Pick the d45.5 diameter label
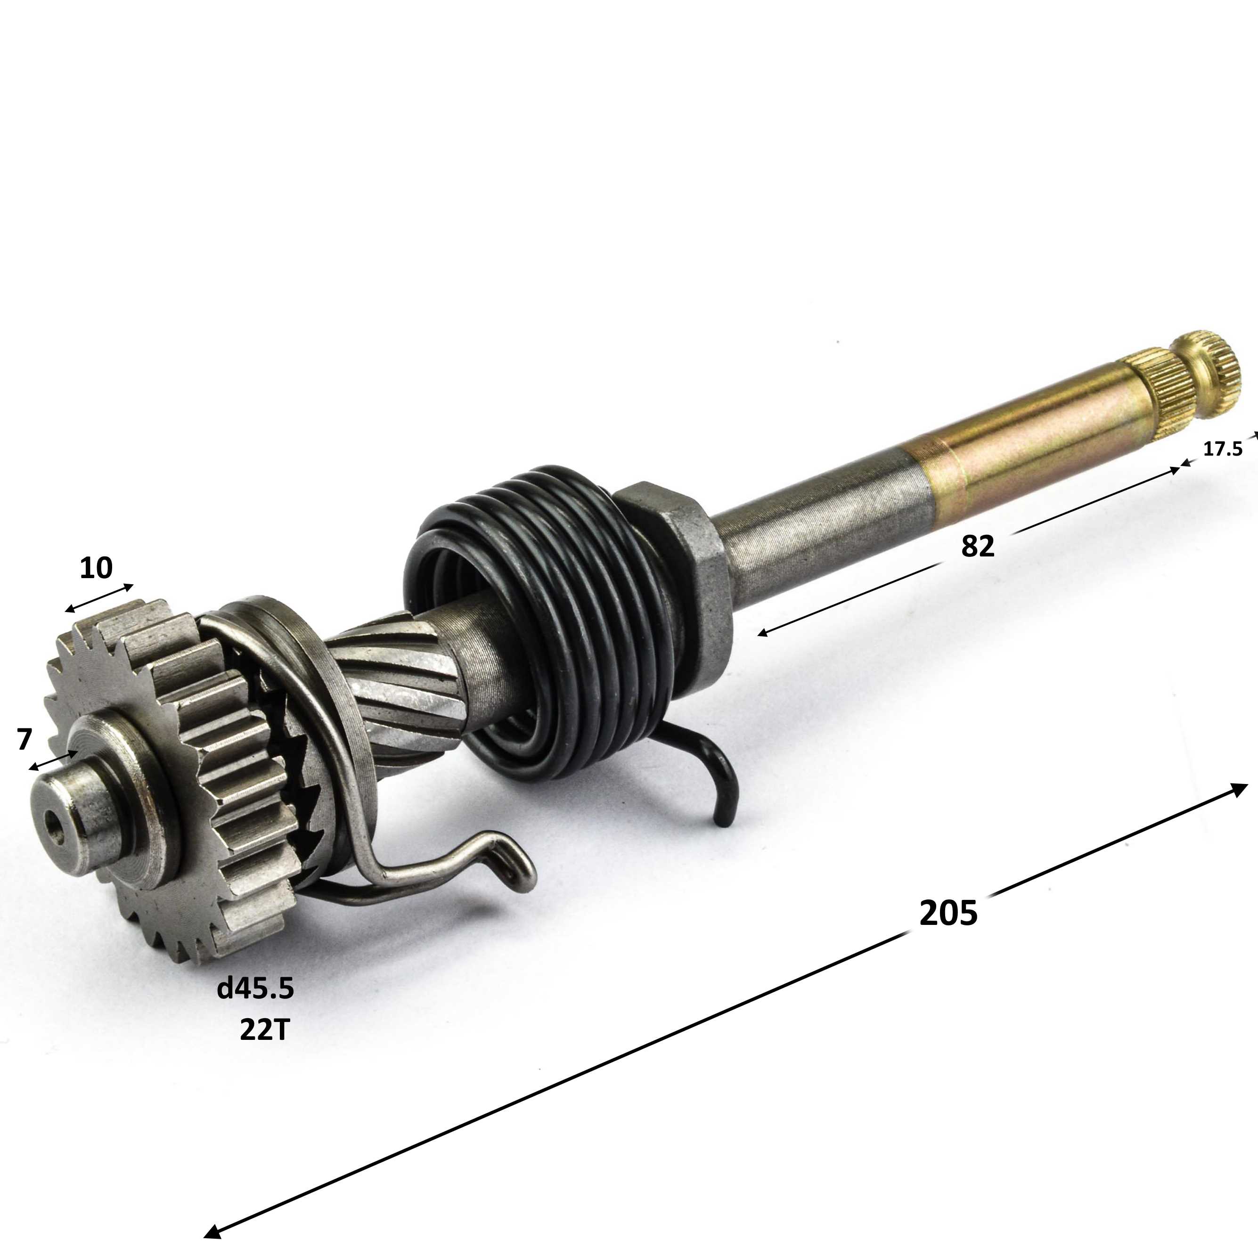pyautogui.click(x=255, y=989)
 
